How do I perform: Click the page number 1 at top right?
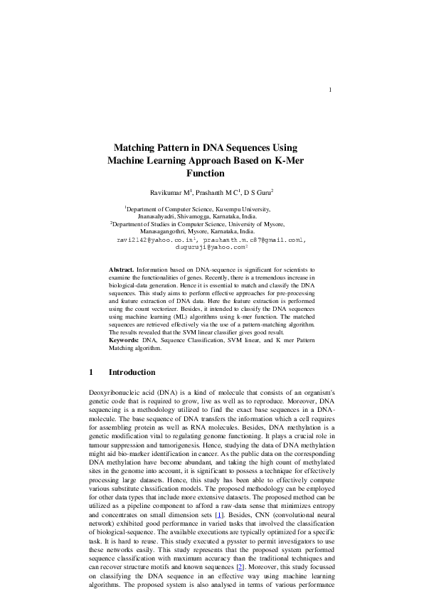pos(332,90)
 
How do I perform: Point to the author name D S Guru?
pos(258,193)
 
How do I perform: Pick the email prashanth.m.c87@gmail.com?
pos(253,240)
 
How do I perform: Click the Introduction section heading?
pos(132,372)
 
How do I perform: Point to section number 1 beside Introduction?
pos(92,372)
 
